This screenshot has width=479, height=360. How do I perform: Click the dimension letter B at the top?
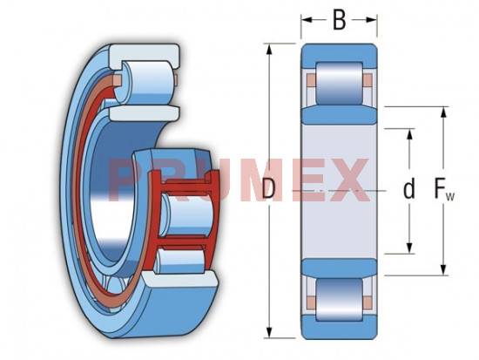click(339, 20)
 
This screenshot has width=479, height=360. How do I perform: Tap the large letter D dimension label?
click(268, 189)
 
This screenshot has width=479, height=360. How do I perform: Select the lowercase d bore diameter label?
click(409, 189)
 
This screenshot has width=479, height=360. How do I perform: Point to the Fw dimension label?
click(444, 190)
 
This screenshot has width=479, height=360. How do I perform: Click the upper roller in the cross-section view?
click(339, 83)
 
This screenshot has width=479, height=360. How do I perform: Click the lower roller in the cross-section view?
click(339, 300)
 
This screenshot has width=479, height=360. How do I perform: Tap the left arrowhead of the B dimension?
click(306, 20)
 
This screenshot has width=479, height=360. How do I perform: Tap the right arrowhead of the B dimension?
click(372, 20)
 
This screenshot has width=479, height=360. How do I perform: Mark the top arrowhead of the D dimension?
click(269, 49)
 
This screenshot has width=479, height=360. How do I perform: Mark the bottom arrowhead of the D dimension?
click(269, 332)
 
